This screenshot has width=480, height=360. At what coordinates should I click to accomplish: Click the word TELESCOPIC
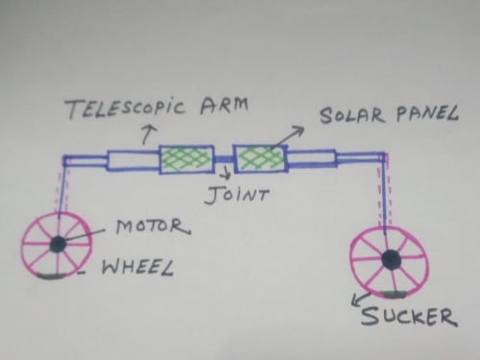[126, 108]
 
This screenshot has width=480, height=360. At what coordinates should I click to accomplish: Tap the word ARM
[224, 106]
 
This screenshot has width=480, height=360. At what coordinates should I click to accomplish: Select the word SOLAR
[352, 115]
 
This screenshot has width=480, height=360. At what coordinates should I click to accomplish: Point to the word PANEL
[427, 112]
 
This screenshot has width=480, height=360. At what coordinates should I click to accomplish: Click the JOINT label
[236, 194]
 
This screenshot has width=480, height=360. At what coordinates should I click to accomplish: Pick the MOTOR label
[153, 226]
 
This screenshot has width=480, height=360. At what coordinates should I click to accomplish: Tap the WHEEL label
[137, 267]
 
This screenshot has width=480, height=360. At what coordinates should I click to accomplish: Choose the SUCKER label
[408, 316]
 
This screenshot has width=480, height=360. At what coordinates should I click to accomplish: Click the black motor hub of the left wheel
[59, 245]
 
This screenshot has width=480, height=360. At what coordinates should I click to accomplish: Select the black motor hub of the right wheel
[391, 259]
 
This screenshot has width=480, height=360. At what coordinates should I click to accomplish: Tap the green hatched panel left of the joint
[186, 159]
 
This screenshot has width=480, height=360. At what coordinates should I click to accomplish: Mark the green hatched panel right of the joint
[260, 158]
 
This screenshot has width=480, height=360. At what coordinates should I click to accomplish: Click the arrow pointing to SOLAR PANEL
[288, 137]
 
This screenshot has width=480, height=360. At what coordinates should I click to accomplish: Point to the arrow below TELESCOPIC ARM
[148, 134]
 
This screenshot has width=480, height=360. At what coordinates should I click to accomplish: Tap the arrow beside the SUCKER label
[361, 300]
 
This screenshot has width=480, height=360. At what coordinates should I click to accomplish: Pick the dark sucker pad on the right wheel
[395, 294]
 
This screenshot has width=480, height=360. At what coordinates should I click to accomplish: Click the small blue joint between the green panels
[224, 159]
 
